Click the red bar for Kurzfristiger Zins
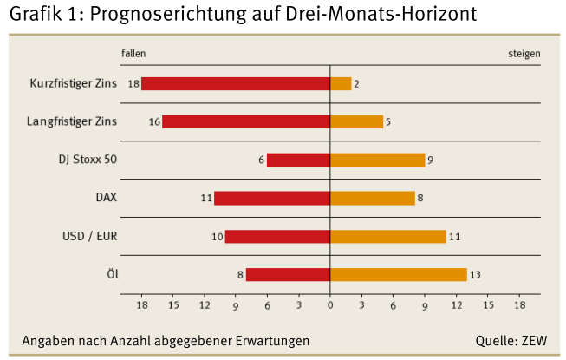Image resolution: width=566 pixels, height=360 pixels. tap(236, 84)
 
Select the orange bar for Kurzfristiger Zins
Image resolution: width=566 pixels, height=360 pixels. tap(341, 84)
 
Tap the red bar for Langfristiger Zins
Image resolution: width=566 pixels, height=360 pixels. tap(246, 121)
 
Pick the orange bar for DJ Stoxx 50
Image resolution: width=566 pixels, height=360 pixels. tap(377, 160)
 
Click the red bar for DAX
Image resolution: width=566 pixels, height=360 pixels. tap(272, 198)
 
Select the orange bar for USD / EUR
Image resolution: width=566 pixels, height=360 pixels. tap(387, 236)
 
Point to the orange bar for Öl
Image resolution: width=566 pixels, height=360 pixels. tap(398, 274)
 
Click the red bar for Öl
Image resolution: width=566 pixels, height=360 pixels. tap(288, 274)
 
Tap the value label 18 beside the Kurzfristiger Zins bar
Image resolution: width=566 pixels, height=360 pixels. tap(133, 84)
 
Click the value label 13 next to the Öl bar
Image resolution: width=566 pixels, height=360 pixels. tap(475, 275)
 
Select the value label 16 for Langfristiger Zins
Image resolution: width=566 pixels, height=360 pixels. tap(154, 122)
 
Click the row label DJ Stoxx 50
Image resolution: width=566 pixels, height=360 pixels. tap(88, 160)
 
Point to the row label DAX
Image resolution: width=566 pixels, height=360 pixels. tap(106, 198)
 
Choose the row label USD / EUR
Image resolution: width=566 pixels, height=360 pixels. tap(90, 236)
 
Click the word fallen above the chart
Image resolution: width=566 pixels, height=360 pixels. tap(133, 53)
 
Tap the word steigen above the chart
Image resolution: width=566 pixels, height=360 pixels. tap(524, 53)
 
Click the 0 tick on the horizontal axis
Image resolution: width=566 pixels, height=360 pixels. tap(330, 306)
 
